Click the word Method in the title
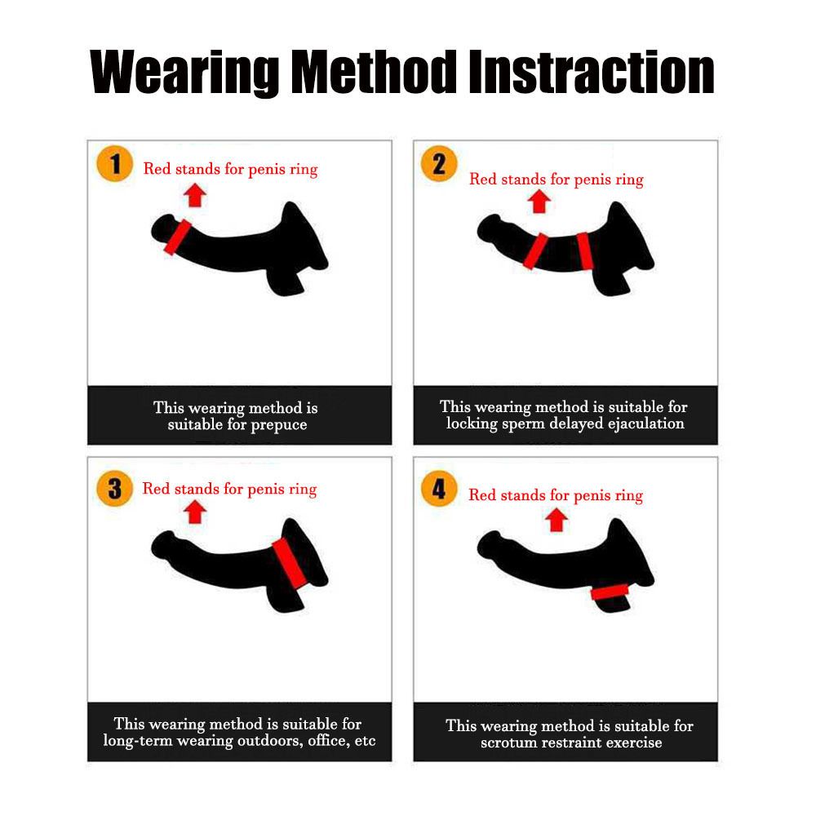click(374, 72)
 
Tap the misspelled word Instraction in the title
click(592, 72)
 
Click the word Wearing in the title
click(184, 73)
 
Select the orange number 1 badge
click(114, 163)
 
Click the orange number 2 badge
click(439, 163)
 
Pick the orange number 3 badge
click(114, 489)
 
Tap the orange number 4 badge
click(439, 489)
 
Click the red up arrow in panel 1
click(195, 195)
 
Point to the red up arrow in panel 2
click(539, 202)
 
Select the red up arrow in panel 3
click(195, 512)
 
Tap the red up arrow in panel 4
click(557, 520)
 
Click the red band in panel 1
click(177, 237)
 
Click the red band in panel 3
click(290, 563)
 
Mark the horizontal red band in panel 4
click(610, 592)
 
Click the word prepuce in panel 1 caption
click(279, 425)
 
